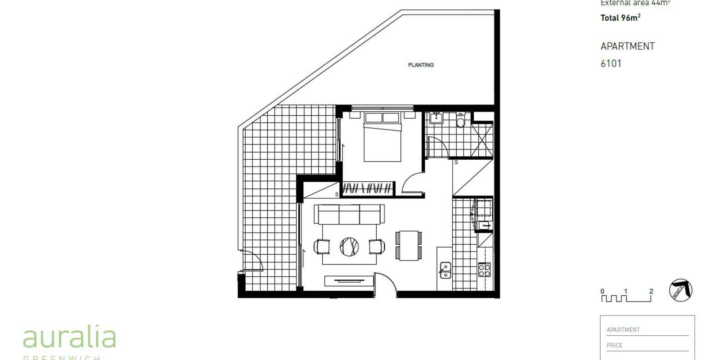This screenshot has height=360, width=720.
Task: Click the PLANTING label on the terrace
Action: (x=421, y=65)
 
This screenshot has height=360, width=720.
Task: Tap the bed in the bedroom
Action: (x=382, y=138)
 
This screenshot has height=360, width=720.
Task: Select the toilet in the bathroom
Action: (x=460, y=121)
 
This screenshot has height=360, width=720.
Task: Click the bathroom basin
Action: (x=436, y=118)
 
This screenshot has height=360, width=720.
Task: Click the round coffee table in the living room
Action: (x=349, y=246)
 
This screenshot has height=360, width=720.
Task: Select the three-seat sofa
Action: (x=349, y=214)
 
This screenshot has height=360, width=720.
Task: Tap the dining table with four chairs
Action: (x=409, y=246)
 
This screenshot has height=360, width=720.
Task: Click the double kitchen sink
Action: (x=445, y=270)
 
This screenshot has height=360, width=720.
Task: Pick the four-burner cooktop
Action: (x=484, y=270)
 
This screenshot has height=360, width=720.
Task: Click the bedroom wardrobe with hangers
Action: (x=368, y=188)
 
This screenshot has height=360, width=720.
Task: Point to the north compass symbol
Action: (x=680, y=290)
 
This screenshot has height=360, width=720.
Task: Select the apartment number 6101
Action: (x=611, y=63)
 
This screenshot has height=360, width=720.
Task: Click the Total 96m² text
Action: (x=620, y=18)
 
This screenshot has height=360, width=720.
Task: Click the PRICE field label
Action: (x=614, y=346)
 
